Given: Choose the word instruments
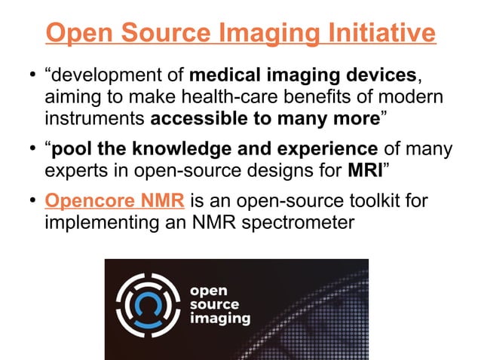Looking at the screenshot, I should pyautogui.click(x=96, y=118).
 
